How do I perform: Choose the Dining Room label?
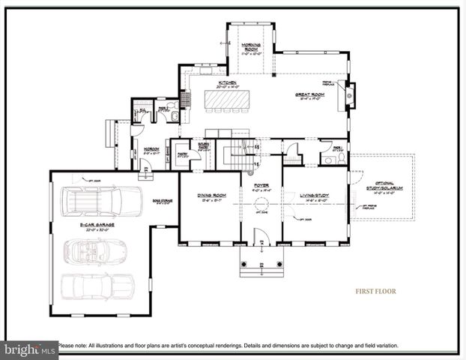click(x=209, y=197)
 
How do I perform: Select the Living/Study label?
click(x=315, y=196)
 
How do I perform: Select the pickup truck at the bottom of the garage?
click(x=97, y=285)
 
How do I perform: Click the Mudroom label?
click(x=151, y=150)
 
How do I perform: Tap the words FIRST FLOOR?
click(x=375, y=292)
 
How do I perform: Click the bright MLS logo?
click(x=29, y=349)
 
